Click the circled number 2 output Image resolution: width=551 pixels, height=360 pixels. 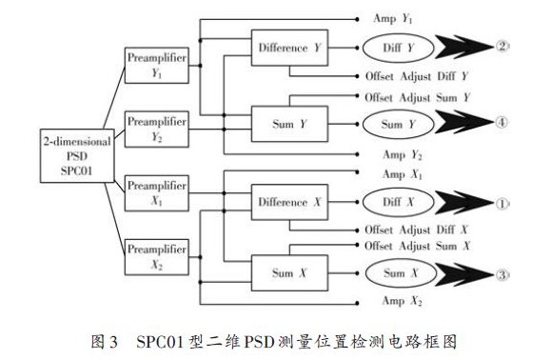[502, 47]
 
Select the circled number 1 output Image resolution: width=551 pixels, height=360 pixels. [502, 203]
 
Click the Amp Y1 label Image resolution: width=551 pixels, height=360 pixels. [397, 19]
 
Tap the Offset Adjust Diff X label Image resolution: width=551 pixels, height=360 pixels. [417, 230]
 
